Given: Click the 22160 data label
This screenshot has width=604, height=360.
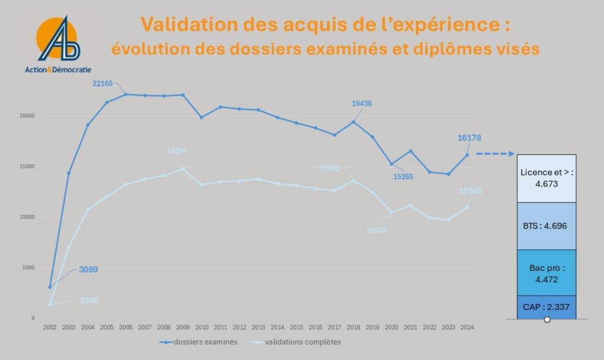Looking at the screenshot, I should (x=102, y=84).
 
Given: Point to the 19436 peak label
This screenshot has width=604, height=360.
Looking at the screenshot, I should (x=362, y=104).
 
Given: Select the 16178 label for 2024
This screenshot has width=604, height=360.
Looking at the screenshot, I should (x=470, y=138).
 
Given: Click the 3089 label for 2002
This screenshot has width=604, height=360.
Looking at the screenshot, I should (x=88, y=270).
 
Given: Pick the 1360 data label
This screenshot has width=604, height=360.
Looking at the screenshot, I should (x=88, y=300).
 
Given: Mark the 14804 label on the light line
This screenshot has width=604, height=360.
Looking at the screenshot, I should (x=176, y=151).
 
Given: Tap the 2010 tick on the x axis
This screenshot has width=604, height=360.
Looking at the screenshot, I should (x=202, y=327).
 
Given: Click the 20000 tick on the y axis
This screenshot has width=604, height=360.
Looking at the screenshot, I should (x=27, y=116).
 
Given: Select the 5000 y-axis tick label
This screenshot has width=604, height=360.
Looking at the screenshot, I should (x=29, y=268).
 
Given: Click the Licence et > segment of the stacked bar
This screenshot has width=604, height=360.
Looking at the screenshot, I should (x=546, y=179).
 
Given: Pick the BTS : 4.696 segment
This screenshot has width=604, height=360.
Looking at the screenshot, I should (x=546, y=226).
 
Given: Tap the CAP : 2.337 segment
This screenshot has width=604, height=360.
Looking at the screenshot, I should (x=546, y=307).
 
